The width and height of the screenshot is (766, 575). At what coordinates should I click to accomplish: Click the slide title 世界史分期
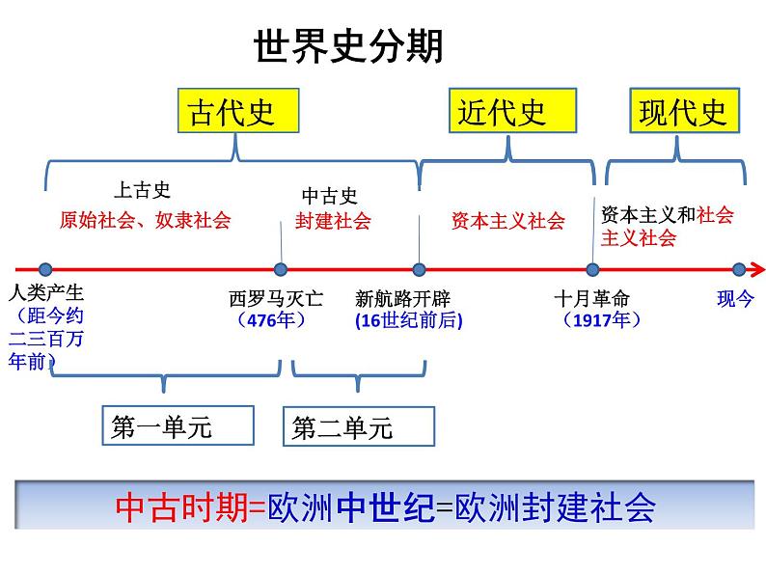click(x=348, y=45)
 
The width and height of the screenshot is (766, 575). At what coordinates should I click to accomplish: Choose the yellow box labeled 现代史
click(x=683, y=112)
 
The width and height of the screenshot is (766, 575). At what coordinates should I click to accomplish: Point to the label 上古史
click(x=142, y=190)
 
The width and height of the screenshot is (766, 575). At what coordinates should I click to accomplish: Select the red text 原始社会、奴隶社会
click(x=145, y=220)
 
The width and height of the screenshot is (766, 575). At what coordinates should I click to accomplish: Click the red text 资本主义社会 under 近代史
click(x=507, y=221)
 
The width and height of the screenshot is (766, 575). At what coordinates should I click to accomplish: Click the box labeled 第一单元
click(x=178, y=426)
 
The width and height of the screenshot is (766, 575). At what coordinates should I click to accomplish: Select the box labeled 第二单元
click(x=359, y=426)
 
